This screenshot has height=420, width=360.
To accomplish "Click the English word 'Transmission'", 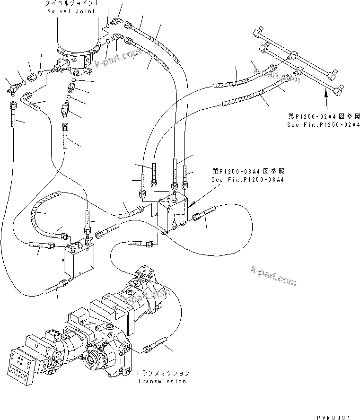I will coord(161,381).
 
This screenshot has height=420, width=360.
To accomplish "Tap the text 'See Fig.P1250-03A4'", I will coord(241,180).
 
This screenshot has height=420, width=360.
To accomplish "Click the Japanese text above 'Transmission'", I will coord(161,373).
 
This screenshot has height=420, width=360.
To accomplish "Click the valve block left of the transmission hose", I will coord(79,260).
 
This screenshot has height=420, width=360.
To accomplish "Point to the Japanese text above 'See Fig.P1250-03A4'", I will coord(241,171).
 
